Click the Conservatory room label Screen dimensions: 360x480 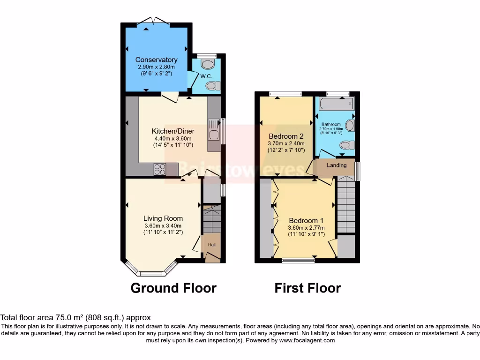[x=156, y=60]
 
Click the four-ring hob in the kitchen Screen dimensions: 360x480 [x=159, y=169]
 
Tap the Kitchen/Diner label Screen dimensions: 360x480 [x=173, y=131]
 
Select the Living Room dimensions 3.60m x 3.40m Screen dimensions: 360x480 [x=163, y=225]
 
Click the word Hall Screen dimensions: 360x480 [x=211, y=244]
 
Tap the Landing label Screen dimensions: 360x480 [x=337, y=165]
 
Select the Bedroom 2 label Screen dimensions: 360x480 [x=286, y=136]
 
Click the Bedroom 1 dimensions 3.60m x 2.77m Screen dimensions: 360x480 [x=306, y=228]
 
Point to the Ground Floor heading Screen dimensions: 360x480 [x=173, y=288]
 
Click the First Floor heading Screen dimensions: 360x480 [x=307, y=288]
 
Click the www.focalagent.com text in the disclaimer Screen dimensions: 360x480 [x=307, y=340]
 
